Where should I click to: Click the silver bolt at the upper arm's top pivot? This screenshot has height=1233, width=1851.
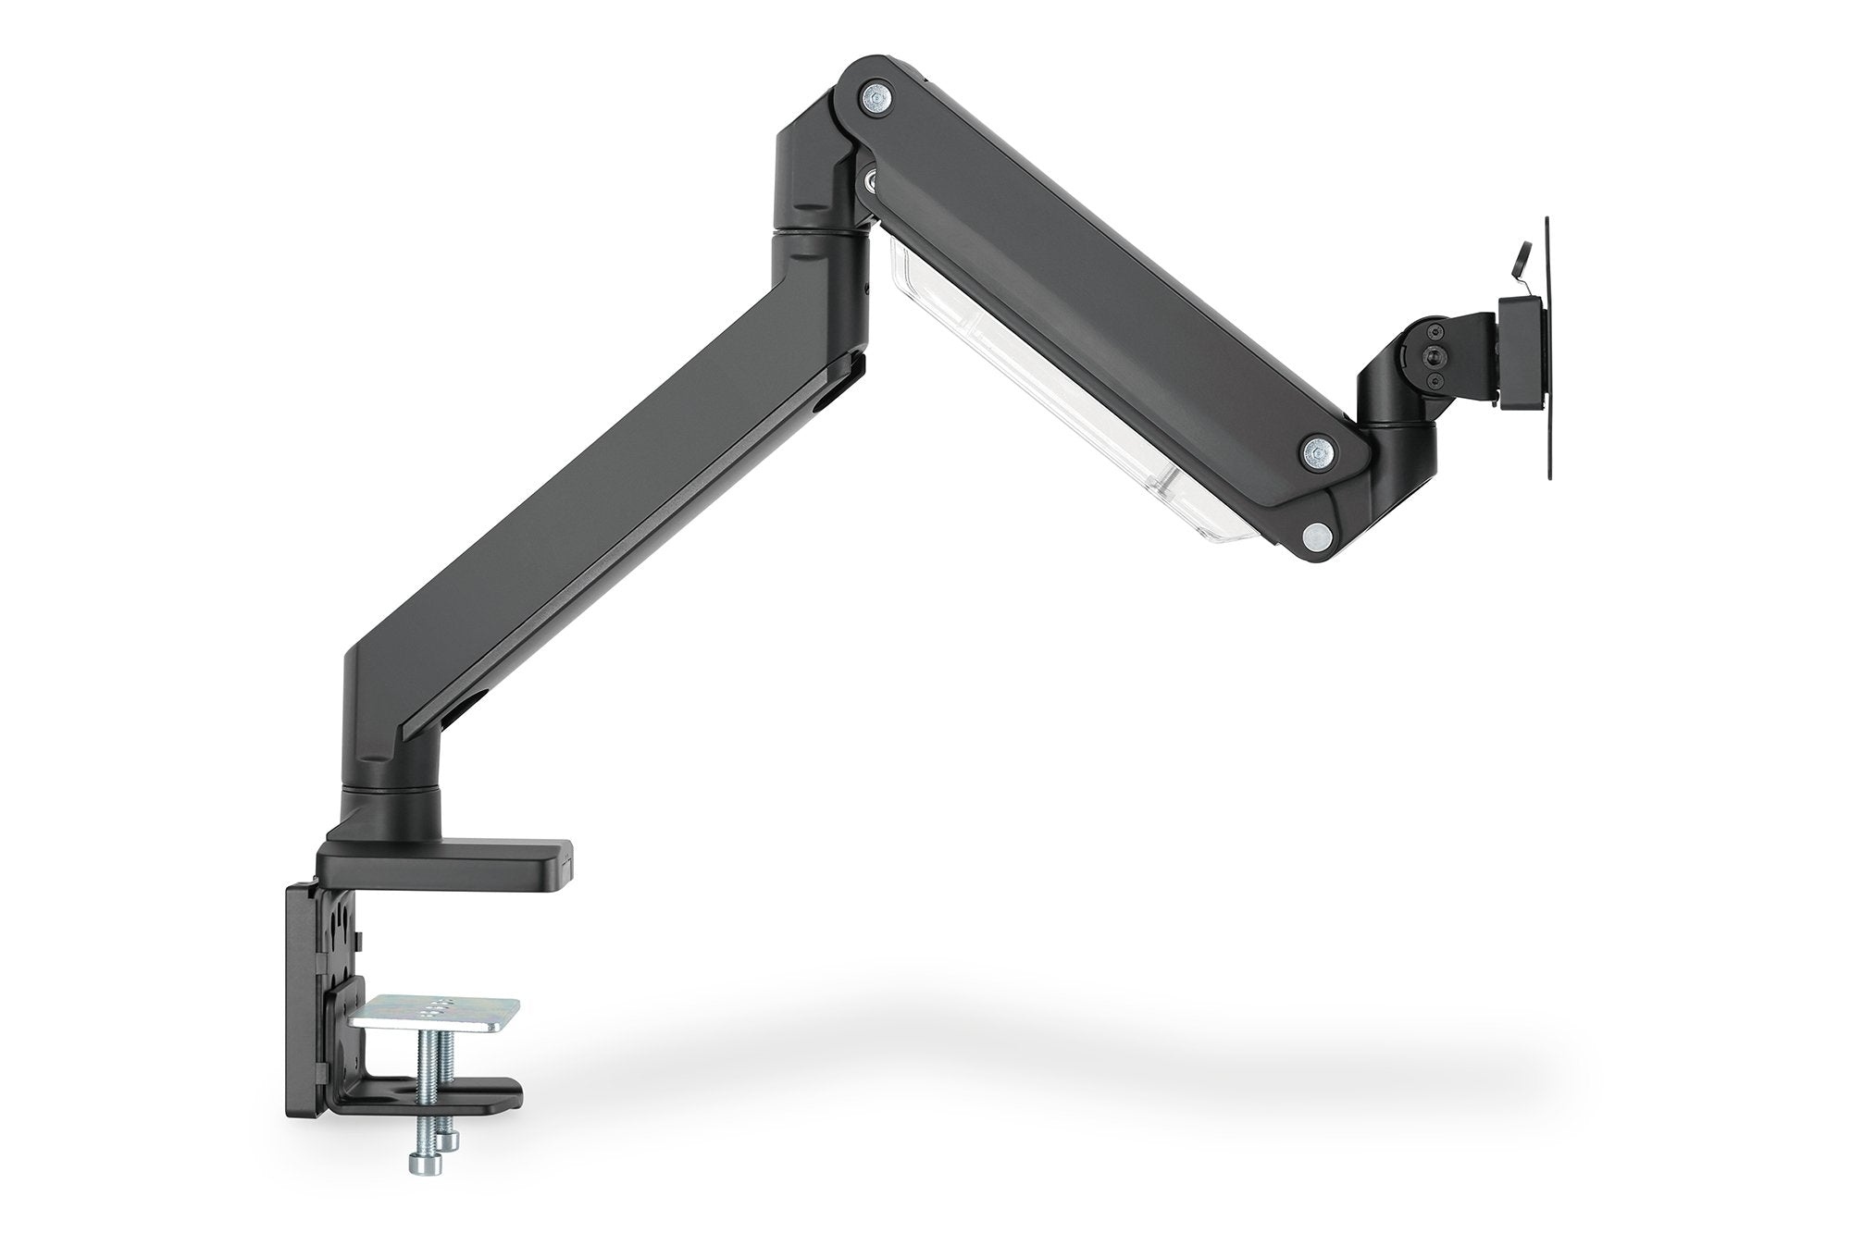point(874,96)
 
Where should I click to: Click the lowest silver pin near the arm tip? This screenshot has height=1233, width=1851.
point(1313,534)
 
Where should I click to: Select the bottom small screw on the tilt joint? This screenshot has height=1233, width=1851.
point(1435,379)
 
